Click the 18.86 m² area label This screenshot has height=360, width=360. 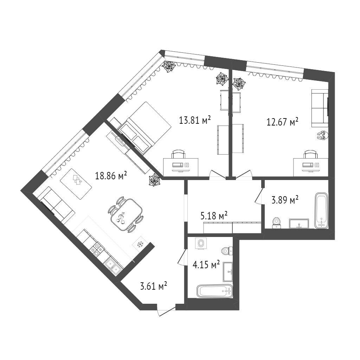(111, 176)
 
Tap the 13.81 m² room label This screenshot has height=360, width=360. (195, 120)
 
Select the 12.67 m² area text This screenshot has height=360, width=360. (282, 122)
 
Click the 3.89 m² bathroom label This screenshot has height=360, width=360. (285, 200)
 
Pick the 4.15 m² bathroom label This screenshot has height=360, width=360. (206, 265)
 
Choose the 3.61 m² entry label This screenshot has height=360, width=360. (153, 286)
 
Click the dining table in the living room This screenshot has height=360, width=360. (126, 215)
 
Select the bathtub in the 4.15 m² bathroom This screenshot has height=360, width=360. (215, 291)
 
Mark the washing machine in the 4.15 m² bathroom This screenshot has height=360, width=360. (201, 243)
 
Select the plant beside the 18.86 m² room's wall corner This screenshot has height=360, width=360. (155, 180)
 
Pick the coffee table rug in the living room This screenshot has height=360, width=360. (76, 184)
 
